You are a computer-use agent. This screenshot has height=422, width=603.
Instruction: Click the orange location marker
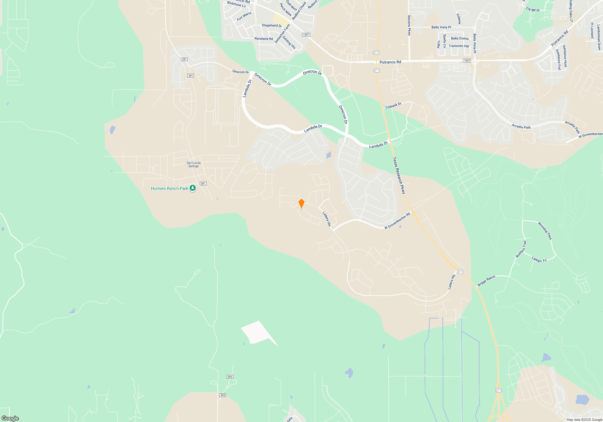tap(301, 203)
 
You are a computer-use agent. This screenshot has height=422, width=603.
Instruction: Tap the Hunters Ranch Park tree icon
tap(193, 188)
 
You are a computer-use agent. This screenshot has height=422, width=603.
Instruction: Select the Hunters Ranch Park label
tap(169, 189)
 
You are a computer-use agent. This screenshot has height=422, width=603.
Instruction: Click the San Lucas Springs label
tap(194, 164)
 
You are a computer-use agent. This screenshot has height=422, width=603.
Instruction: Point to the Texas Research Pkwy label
tap(399, 175)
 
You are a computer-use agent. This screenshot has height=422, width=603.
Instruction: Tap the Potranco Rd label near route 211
tap(390, 62)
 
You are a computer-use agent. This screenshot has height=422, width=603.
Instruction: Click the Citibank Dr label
tap(393, 105)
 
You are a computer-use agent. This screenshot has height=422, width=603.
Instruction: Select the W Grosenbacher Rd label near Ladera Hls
tap(397, 221)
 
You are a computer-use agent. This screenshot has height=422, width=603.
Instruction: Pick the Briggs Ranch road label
tap(486, 281)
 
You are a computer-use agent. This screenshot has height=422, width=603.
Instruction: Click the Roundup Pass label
tap(545, 231)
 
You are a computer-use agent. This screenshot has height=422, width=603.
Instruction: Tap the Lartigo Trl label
tap(539, 259)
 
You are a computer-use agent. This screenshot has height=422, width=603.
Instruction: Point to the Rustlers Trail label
tap(521, 249)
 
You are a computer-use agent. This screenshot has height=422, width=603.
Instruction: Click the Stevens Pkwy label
tap(409, 25)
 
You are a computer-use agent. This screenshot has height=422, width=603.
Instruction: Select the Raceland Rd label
tap(264, 39)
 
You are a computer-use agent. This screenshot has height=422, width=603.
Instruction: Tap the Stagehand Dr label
tap(272, 26)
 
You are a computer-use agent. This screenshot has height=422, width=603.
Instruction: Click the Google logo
tap(10, 418)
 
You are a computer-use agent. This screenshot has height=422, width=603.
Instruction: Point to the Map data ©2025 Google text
tap(584, 420)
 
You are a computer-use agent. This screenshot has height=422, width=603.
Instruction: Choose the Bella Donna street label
tap(459, 39)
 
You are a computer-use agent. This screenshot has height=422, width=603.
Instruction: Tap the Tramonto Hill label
tap(459, 46)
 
